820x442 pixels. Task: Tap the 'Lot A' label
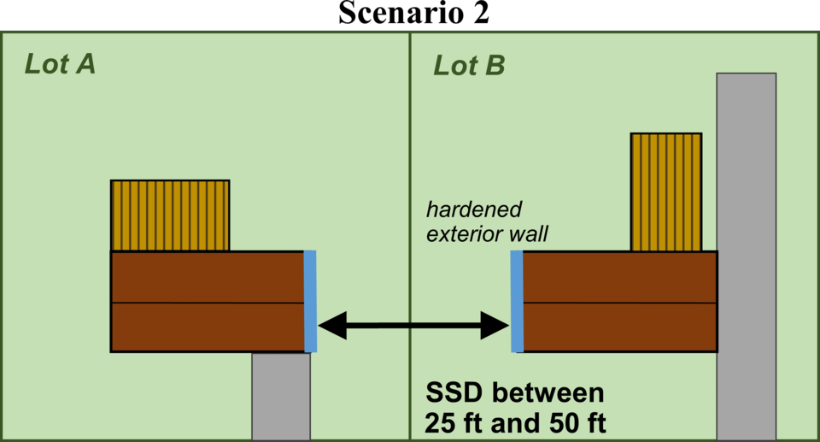pos(59,65)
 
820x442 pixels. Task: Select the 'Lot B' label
pos(469,65)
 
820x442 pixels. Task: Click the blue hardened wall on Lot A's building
pos(310,301)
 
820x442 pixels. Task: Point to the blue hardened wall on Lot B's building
pos(516,301)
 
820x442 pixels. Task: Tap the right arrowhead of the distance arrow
pos(495,325)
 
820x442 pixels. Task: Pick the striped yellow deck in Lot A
pos(170,215)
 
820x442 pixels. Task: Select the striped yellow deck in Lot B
pos(666,192)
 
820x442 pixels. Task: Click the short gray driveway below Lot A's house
pos(281,396)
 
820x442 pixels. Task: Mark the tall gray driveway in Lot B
pos(747,256)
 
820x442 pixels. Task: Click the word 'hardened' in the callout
pos(474,210)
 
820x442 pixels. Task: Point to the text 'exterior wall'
pos(476,233)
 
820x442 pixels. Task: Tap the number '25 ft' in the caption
pos(453,423)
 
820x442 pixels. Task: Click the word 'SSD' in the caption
pos(454,394)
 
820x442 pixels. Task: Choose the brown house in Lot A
pos(207,301)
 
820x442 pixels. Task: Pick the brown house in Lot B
pos(619,301)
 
